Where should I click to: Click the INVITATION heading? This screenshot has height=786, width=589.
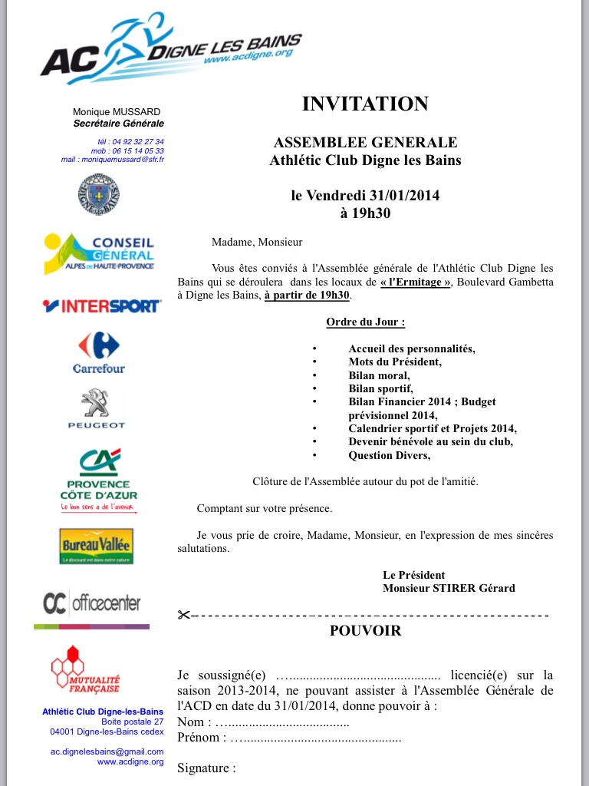[365, 104]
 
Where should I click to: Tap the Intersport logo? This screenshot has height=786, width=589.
[102, 306]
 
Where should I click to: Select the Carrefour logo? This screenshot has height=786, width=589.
[98, 353]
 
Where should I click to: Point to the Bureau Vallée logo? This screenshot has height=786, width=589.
[97, 546]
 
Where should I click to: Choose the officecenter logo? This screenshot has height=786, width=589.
[92, 603]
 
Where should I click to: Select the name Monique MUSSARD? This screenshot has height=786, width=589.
[117, 112]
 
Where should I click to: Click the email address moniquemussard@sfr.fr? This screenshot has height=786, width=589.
[113, 160]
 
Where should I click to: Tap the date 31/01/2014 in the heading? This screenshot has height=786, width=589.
[404, 196]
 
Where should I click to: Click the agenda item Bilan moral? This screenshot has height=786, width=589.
[379, 375]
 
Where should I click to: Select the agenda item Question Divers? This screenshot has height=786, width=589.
[389, 455]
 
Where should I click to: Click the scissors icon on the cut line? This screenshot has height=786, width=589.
[183, 615]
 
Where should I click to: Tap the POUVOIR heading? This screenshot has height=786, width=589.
[365, 631]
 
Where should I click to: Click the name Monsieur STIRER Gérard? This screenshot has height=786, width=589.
[449, 588]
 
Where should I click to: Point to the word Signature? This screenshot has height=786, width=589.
[206, 768]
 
